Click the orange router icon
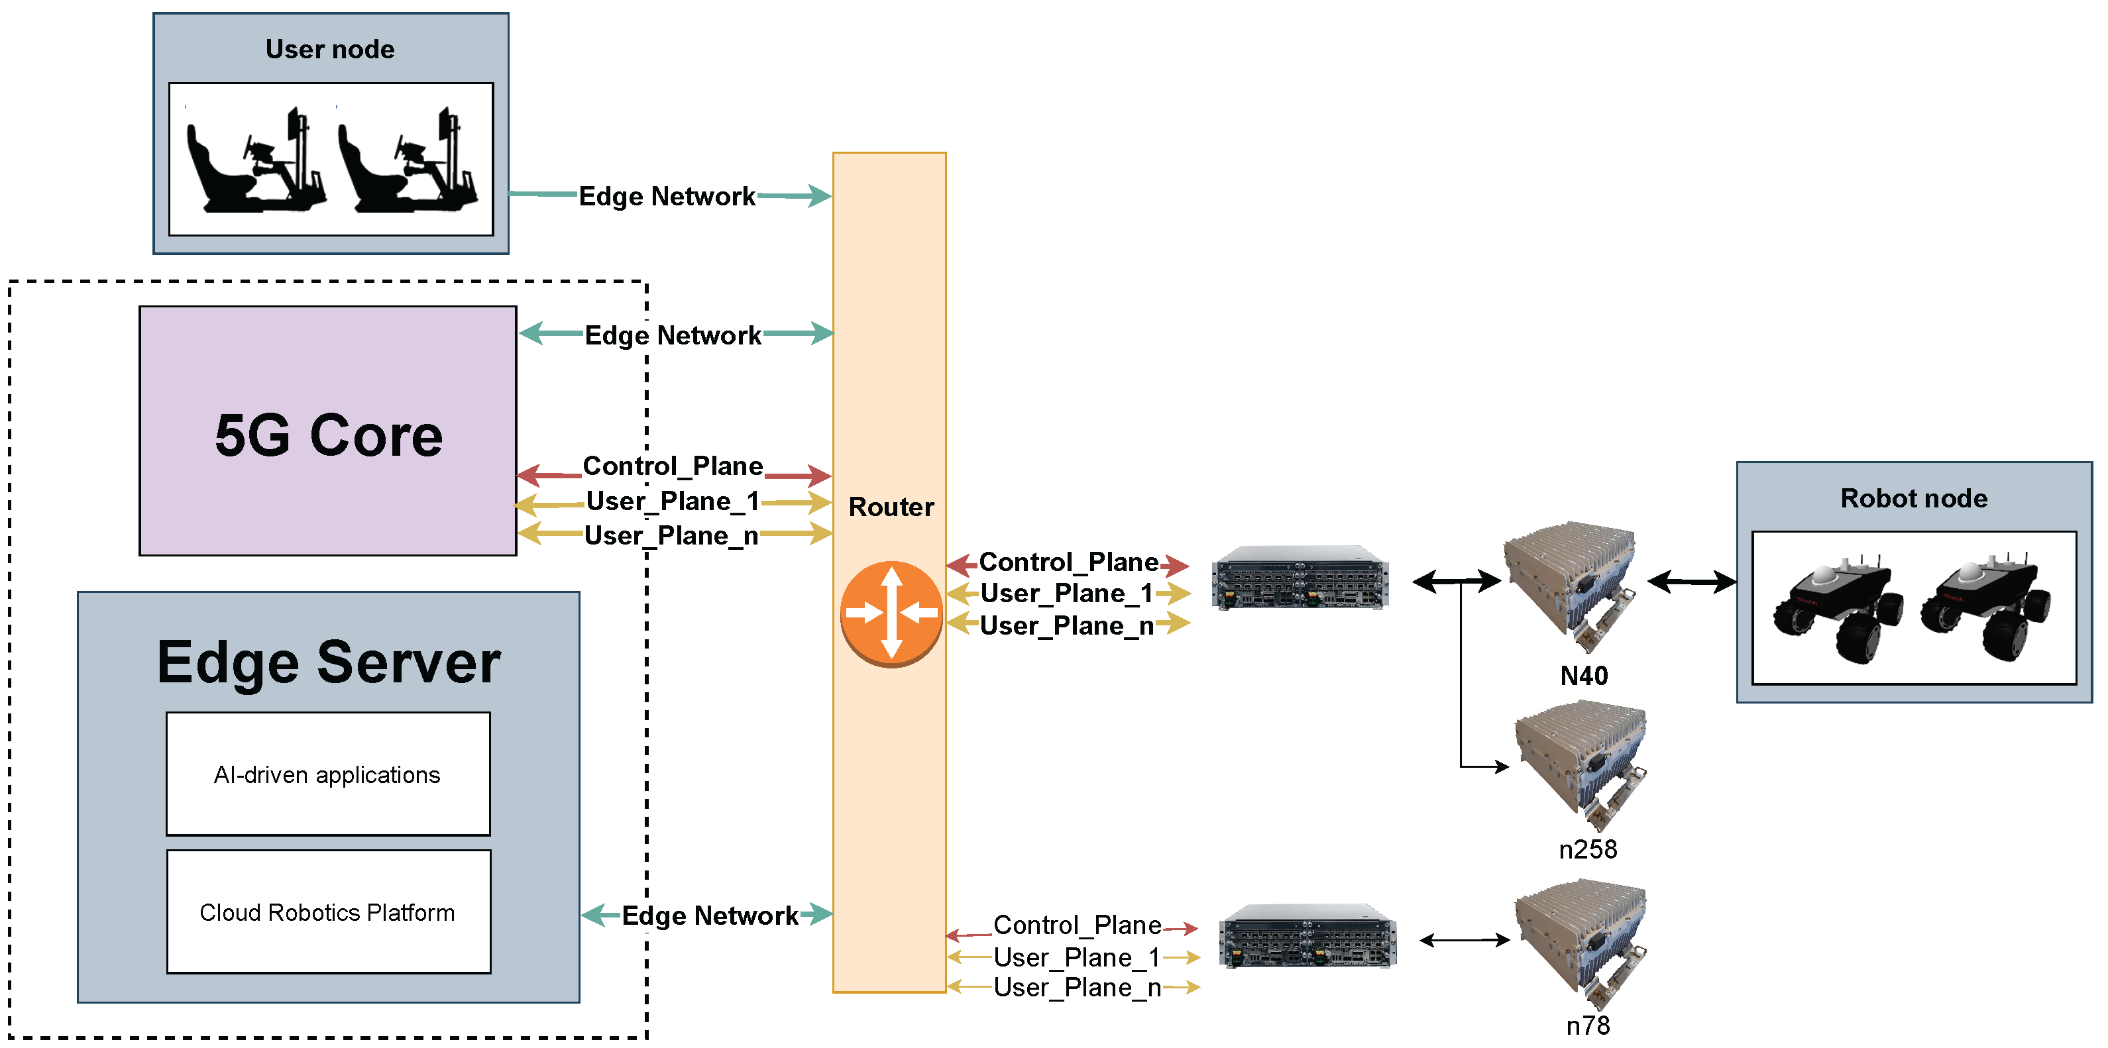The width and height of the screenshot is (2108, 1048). (x=891, y=613)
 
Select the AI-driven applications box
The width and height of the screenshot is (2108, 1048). (x=327, y=774)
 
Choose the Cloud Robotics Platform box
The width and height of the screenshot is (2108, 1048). (x=327, y=912)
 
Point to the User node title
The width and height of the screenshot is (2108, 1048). (x=330, y=49)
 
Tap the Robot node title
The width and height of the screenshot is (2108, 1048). (x=1913, y=498)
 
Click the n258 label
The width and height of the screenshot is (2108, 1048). (x=1588, y=849)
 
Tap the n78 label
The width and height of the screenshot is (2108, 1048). (x=1588, y=1025)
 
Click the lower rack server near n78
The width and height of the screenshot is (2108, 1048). (x=1307, y=937)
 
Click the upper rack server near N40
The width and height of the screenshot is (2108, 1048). (x=1300, y=578)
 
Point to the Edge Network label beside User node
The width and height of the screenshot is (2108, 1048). (x=666, y=196)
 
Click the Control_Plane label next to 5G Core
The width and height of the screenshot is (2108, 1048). (x=672, y=466)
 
